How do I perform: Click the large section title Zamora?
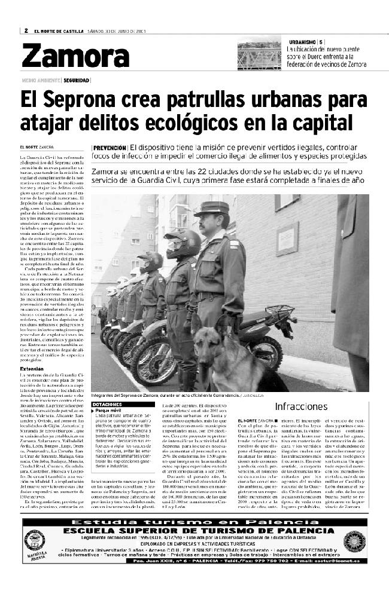pyautogui.click(x=67, y=57)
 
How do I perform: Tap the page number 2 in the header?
pyautogui.click(x=26, y=31)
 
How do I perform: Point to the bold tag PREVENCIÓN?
pyautogui.click(x=110, y=148)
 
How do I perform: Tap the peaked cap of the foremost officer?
pyautogui.click(x=211, y=209)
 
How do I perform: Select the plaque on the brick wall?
pyautogui.click(x=304, y=238)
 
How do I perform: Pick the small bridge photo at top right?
pyautogui.click(x=259, y=54)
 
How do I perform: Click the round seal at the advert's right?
pyautogui.click(x=354, y=541)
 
